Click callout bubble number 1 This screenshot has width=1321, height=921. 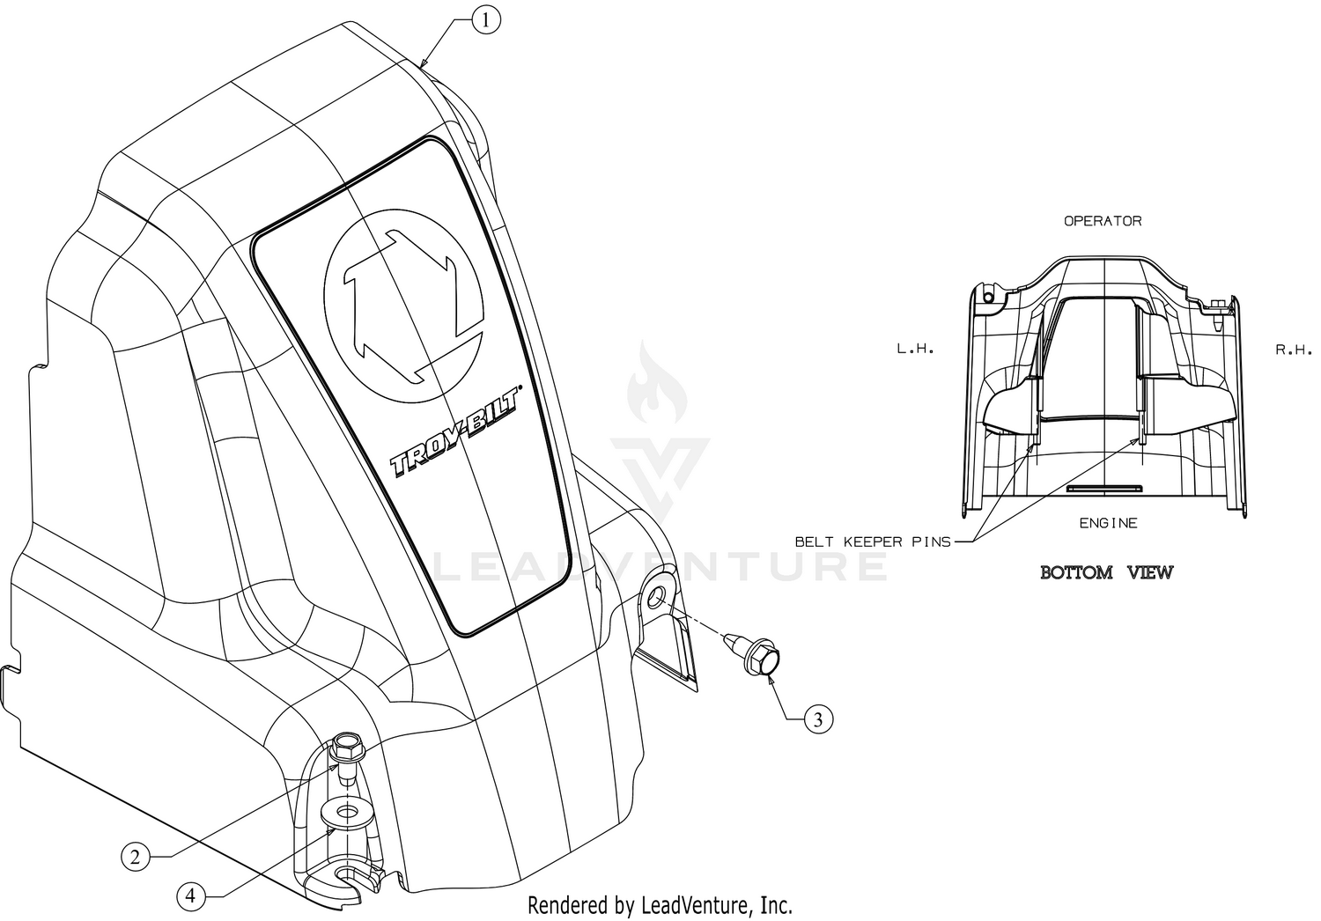click(x=486, y=20)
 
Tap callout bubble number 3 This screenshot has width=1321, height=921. click(x=818, y=719)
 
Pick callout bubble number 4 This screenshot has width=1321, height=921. click(x=190, y=897)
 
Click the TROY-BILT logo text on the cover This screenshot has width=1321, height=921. click(x=455, y=433)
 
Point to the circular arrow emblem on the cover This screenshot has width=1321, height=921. click(x=404, y=306)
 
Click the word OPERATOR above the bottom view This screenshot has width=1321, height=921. click(x=1103, y=221)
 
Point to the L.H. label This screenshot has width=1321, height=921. click(x=915, y=349)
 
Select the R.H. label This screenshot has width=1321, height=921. click(x=1294, y=350)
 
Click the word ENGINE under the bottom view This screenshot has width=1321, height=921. click(x=1108, y=523)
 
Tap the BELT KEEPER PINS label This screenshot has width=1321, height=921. click(x=873, y=542)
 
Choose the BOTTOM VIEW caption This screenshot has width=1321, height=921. click(x=1106, y=572)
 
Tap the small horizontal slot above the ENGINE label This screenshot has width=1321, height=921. click(x=1104, y=488)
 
